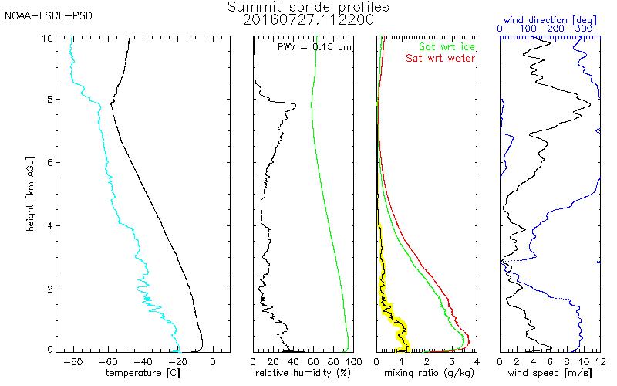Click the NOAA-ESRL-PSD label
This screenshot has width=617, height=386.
(x=49, y=15)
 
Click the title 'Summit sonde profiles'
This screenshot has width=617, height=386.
(x=308, y=7)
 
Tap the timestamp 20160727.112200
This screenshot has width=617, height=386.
(x=308, y=20)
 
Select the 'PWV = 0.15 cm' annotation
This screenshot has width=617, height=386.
(x=314, y=47)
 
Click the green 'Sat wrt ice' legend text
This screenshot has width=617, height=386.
(x=447, y=46)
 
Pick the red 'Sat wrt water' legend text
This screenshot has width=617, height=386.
(x=440, y=59)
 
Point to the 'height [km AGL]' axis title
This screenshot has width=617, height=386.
(x=30, y=194)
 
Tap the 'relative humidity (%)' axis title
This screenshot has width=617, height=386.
(x=302, y=373)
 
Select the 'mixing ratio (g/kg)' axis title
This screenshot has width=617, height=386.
(x=429, y=373)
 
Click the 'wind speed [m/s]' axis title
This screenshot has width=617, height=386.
(x=549, y=373)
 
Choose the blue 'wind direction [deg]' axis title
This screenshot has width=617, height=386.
(x=550, y=20)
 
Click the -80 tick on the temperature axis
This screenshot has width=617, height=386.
(x=73, y=361)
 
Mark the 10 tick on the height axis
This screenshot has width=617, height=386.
(x=47, y=38)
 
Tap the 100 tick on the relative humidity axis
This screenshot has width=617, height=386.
(x=354, y=361)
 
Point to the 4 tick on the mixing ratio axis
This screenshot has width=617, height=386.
(x=477, y=361)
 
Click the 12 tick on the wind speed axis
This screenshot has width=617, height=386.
(x=601, y=361)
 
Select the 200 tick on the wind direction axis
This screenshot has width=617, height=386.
(x=555, y=29)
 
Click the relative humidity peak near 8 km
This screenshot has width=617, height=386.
(x=295, y=105)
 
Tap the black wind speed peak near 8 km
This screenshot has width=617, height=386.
(x=590, y=104)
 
